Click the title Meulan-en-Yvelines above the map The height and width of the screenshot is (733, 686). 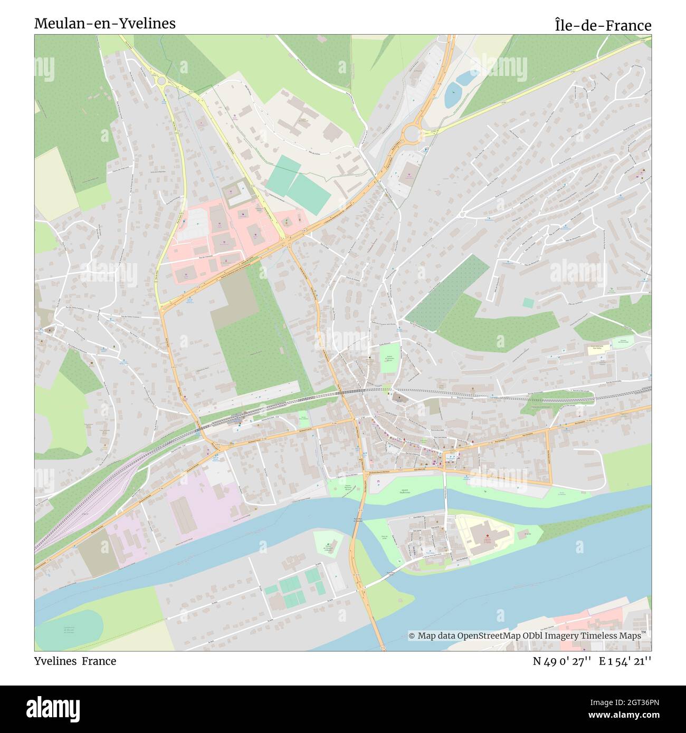point(104,24)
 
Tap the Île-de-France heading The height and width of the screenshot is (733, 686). point(603,25)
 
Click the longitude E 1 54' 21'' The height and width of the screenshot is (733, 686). point(625,661)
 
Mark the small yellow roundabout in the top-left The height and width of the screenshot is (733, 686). point(161,81)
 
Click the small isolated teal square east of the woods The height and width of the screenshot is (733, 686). point(528,303)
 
